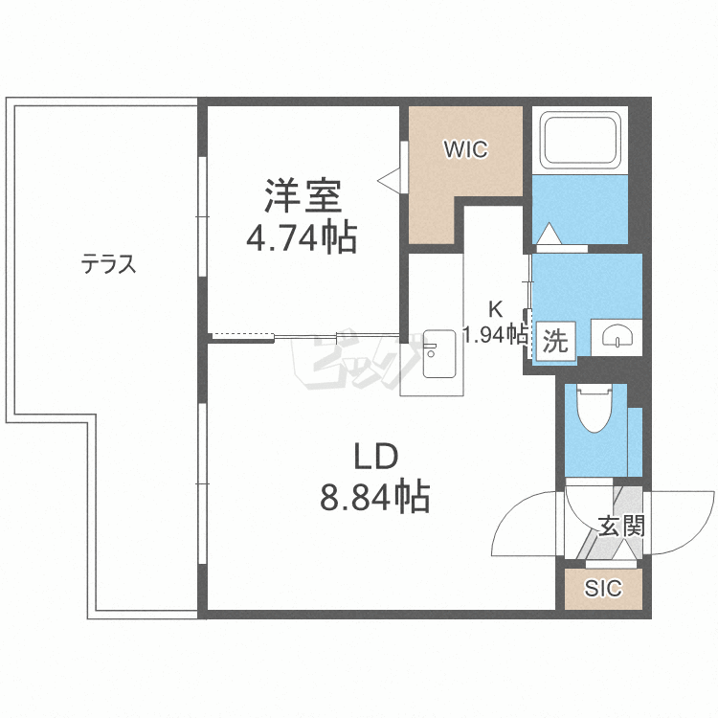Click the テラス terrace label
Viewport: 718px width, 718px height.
click(x=108, y=264)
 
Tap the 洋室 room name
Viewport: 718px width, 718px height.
click(x=303, y=195)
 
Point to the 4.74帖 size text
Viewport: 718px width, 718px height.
click(x=303, y=237)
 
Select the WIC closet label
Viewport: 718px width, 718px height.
click(x=465, y=149)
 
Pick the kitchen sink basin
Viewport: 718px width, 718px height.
click(x=439, y=353)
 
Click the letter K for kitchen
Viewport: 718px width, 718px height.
click(x=495, y=309)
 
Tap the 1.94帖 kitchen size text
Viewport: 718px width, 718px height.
click(x=495, y=334)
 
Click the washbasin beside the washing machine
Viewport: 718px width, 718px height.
click(x=617, y=337)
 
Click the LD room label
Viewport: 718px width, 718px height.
click(x=376, y=457)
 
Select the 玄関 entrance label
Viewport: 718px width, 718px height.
click(x=621, y=526)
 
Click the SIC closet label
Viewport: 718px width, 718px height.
click(x=603, y=589)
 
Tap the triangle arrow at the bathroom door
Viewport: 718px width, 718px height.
click(x=550, y=234)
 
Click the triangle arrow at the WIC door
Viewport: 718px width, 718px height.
click(x=390, y=180)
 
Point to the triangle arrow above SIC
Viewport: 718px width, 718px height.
click(x=622, y=550)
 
